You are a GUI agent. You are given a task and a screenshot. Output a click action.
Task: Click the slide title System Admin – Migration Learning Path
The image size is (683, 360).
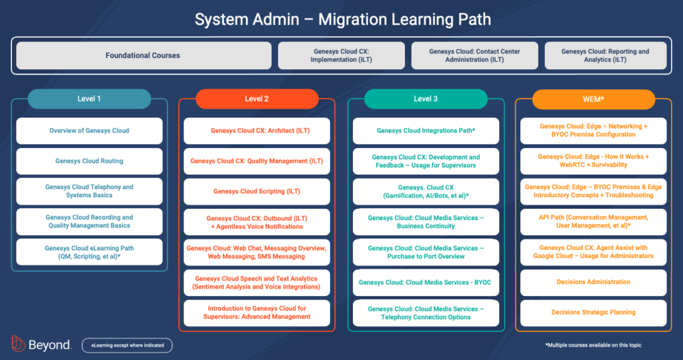[341, 19]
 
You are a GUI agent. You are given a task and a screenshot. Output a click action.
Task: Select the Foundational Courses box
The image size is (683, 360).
[143, 55]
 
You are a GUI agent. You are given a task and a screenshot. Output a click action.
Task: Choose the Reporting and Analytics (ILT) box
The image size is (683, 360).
[605, 55]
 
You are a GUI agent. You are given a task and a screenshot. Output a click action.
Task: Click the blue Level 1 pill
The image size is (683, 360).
[89, 99]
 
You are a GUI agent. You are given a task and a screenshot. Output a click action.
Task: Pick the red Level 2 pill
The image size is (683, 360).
[257, 99]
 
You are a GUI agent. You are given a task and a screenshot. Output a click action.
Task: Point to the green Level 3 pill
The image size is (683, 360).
[426, 99]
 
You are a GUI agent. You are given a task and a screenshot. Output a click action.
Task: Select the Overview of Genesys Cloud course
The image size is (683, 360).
[89, 131]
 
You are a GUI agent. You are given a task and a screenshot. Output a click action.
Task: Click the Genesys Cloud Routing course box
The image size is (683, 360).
[89, 161]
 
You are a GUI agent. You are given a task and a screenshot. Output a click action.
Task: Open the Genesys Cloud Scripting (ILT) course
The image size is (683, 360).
[257, 191]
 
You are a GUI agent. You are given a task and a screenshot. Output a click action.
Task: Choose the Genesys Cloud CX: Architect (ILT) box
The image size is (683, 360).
[257, 131]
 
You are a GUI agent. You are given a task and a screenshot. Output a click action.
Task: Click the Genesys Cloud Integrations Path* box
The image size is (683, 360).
[426, 131]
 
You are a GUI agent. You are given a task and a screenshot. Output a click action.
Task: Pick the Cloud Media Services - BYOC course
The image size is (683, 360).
[426, 283]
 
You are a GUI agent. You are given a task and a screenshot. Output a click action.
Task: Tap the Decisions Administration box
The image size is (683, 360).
[593, 282]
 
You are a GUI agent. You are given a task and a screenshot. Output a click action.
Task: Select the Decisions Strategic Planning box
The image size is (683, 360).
[593, 312]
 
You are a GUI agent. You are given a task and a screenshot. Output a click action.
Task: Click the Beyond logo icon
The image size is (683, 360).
[18, 344]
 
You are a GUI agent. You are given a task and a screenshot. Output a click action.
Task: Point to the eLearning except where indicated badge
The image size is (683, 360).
[127, 345]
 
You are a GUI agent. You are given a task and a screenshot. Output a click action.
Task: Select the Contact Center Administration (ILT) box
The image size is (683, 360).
[474, 55]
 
